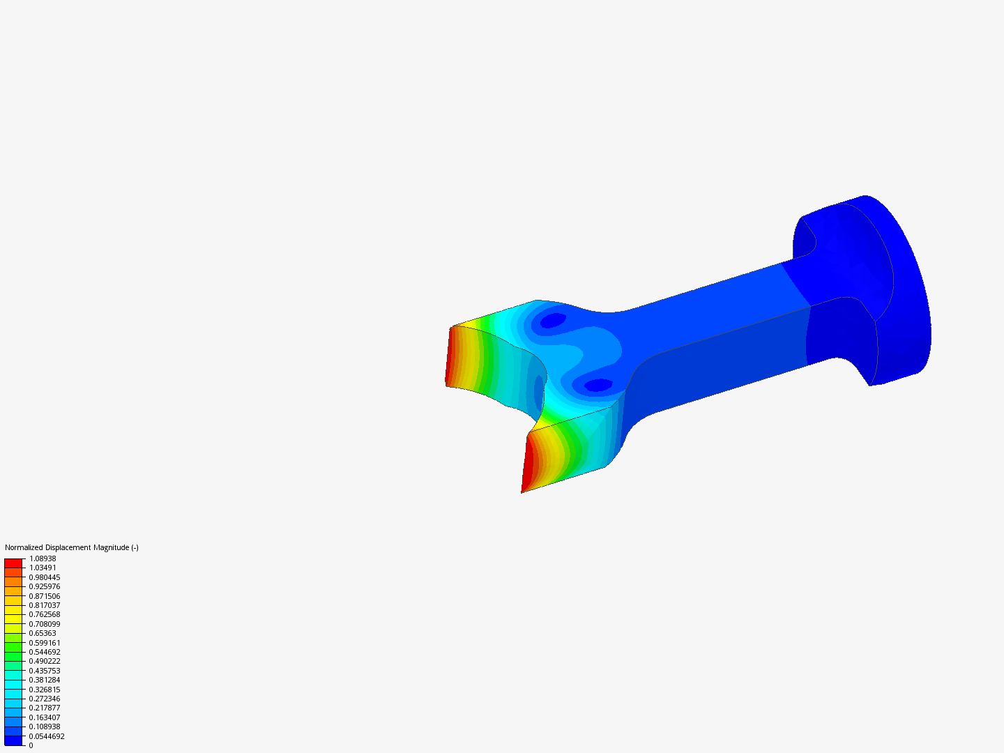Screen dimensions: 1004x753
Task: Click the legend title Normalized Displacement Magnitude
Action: pos(71,547)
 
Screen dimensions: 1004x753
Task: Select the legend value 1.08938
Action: pos(43,558)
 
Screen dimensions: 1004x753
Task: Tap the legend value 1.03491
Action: pos(43,568)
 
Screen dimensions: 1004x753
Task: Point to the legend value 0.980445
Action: pos(45,577)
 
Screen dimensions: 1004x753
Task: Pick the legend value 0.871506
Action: pos(45,596)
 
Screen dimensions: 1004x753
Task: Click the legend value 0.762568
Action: pos(45,614)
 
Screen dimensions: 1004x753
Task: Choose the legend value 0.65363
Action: pos(43,633)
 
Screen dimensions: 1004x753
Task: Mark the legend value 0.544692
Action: pos(45,652)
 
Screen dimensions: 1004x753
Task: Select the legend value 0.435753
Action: pos(45,671)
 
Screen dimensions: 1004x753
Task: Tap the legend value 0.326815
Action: pos(45,690)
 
